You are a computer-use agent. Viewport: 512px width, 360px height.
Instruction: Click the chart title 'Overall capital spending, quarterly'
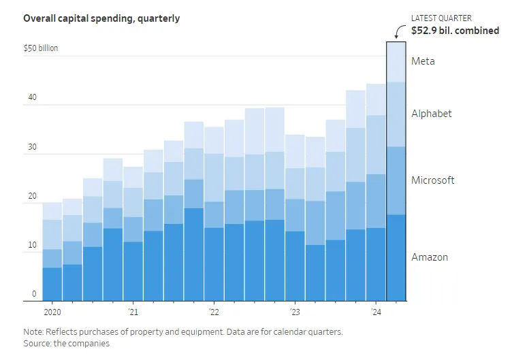coord(101,18)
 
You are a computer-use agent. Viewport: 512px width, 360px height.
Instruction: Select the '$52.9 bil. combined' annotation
coord(455,31)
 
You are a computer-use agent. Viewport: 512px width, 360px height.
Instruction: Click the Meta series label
coord(423,61)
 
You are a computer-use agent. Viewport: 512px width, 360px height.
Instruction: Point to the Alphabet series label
coord(432,114)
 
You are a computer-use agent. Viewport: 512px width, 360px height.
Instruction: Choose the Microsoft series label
coord(433,180)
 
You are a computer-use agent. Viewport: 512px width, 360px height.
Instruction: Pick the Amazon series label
coord(430,257)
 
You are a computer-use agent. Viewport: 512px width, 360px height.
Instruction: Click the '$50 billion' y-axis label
coord(41,48)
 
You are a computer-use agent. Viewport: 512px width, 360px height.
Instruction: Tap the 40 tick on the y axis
coord(32,97)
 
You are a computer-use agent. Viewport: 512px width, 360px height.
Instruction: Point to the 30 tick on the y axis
coord(32,146)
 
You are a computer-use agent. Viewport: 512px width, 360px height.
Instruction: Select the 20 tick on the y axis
coord(32,196)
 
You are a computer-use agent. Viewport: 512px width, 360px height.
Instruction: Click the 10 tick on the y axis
coord(32,245)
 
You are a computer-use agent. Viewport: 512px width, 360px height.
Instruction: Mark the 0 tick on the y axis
coord(34,294)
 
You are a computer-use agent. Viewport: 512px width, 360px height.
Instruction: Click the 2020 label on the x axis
coord(52,312)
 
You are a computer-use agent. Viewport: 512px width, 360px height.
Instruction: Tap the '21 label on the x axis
coord(133,312)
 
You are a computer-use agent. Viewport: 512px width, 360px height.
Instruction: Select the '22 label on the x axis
coord(214,312)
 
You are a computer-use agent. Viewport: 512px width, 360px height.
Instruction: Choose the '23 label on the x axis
coord(294,312)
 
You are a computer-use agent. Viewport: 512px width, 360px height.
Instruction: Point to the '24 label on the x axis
coord(375,312)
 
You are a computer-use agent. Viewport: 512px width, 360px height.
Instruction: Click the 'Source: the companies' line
coord(66,344)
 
